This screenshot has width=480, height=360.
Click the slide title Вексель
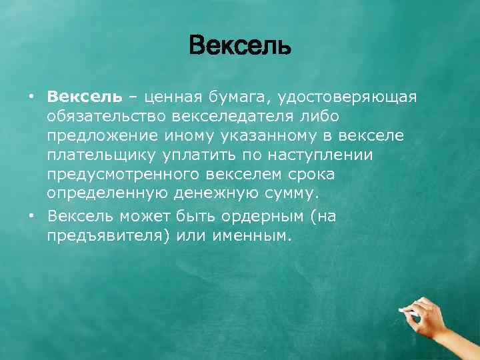(x=240, y=47)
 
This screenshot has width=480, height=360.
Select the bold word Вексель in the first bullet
(x=85, y=97)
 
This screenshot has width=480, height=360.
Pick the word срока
(x=312, y=175)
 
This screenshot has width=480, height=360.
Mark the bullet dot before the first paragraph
(x=31, y=97)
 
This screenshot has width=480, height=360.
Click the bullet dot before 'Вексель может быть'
(x=31, y=217)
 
